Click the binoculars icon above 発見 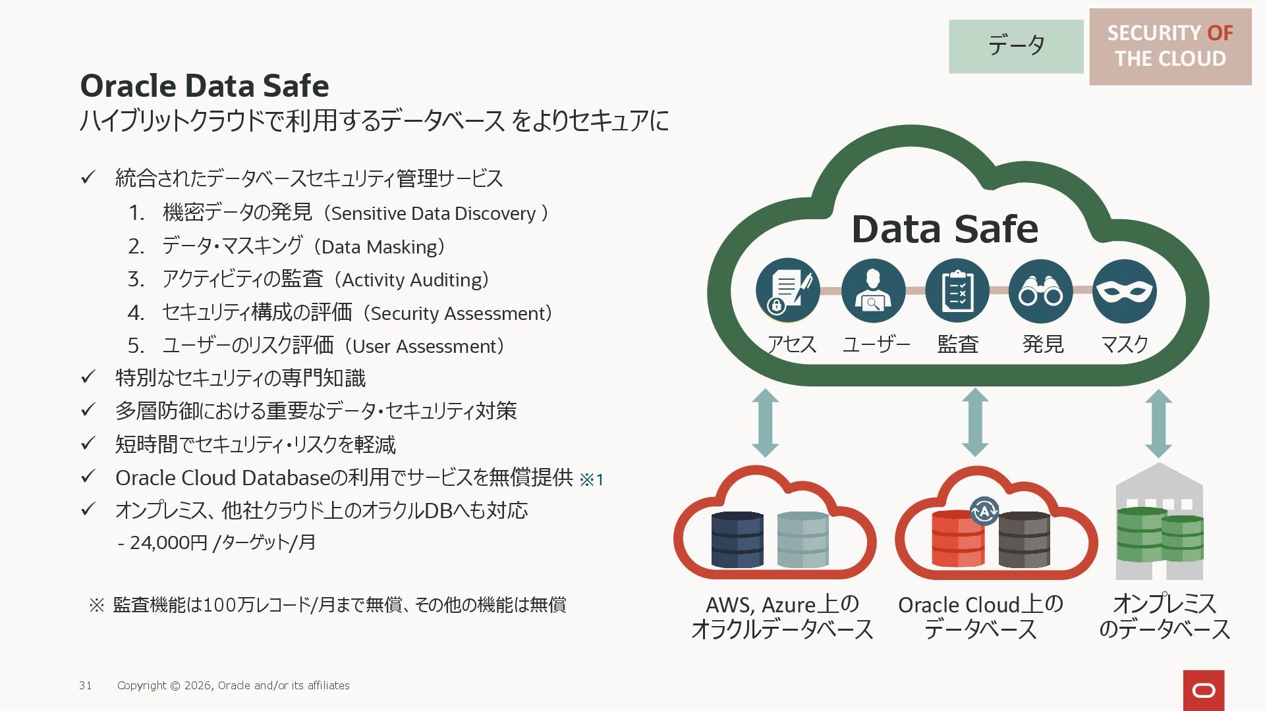click(x=1040, y=291)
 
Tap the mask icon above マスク click(x=1124, y=291)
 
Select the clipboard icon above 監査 click(x=957, y=291)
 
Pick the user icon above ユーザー click(x=873, y=291)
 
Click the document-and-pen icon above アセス click(x=788, y=291)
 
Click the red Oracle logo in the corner click(x=1204, y=690)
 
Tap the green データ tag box click(x=1016, y=46)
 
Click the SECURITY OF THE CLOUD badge click(x=1170, y=46)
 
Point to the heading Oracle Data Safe click(x=204, y=86)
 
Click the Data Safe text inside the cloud click(x=945, y=229)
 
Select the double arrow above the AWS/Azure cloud click(x=765, y=423)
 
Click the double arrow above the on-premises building click(x=1158, y=423)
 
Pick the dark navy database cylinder click(x=737, y=540)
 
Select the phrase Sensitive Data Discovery click(x=434, y=213)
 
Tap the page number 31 click(x=86, y=685)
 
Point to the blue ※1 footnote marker click(x=592, y=479)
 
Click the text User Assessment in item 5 click(x=423, y=346)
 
